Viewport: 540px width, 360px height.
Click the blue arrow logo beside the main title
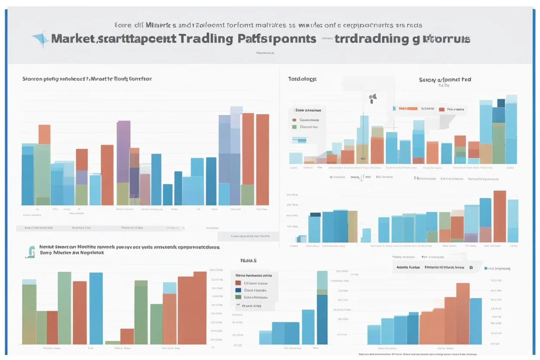(x=41, y=39)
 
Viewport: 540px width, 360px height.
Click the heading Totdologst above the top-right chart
(x=302, y=79)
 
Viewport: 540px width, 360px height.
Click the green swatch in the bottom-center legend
(x=238, y=297)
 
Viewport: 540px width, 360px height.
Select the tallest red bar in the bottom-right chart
(x=463, y=314)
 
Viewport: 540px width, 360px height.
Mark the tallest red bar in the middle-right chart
(x=500, y=216)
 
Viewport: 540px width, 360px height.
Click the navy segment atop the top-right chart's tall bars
(x=501, y=103)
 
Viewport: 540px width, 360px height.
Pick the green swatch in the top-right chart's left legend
(x=294, y=127)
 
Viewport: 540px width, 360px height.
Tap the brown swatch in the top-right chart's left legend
(x=294, y=120)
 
